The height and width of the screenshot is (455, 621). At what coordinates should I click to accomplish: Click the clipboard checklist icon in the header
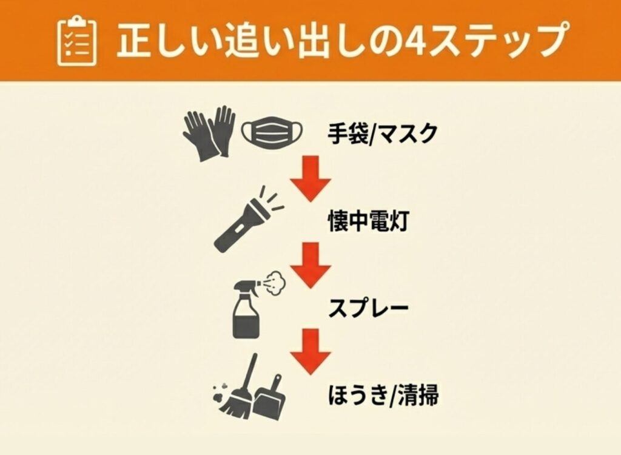tap(77, 41)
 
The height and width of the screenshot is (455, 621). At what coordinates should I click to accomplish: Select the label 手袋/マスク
tap(382, 133)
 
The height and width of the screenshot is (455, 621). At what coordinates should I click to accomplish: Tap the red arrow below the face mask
tap(310, 178)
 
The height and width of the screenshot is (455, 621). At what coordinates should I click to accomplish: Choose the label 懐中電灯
tap(368, 221)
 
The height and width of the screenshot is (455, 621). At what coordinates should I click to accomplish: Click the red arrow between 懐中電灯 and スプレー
tap(310, 265)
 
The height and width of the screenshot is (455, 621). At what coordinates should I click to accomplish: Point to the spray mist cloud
tap(277, 283)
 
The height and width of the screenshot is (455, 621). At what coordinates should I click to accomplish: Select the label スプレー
tap(368, 308)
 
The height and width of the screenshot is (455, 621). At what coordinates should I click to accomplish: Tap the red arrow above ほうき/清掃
tap(310, 351)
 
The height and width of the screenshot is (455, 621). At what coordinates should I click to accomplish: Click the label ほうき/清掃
tap(383, 395)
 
